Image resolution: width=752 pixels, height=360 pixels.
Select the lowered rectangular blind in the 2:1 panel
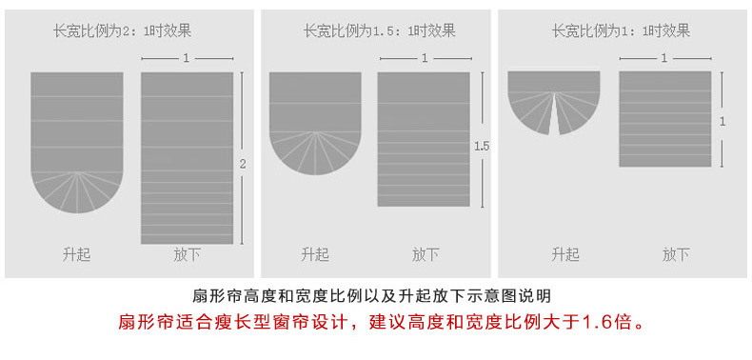pyautogui.click(x=187, y=157)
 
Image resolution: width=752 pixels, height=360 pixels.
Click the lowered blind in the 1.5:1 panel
pyautogui.click(x=424, y=139)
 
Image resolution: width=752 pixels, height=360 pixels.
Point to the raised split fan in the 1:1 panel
pyautogui.click(x=554, y=98)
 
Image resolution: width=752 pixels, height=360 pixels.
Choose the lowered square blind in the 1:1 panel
pyautogui.click(x=665, y=119)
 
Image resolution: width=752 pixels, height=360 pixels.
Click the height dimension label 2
pyautogui.click(x=243, y=165)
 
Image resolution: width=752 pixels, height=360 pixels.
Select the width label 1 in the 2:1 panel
pyautogui.click(x=187, y=58)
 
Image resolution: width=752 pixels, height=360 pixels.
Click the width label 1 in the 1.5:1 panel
pyautogui.click(x=424, y=58)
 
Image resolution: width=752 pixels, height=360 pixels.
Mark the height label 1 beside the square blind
pyautogui.click(x=722, y=121)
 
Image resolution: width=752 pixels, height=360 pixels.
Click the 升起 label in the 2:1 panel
pyautogui.click(x=76, y=255)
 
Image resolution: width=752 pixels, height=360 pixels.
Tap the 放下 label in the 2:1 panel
pyautogui.click(x=187, y=255)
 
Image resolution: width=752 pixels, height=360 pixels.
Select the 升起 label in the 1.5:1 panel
pyautogui.click(x=314, y=254)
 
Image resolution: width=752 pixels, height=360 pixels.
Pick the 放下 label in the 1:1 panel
pyautogui.click(x=676, y=254)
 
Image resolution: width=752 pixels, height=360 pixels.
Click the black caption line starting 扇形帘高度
pyautogui.click(x=371, y=295)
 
